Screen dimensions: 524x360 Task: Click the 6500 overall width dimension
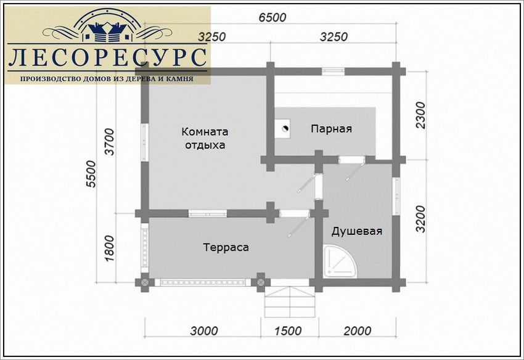tap(272, 17)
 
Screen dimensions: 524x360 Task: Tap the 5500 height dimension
tap(91, 174)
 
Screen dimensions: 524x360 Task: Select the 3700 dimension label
tap(110, 142)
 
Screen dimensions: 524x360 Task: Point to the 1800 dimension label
tap(109, 248)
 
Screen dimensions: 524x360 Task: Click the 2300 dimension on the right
tap(422, 115)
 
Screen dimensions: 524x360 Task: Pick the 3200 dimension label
tap(421, 219)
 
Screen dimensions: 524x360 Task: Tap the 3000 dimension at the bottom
tap(204, 331)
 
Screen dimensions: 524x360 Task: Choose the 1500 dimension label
tap(288, 331)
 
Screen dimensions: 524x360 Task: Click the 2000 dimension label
tap(357, 331)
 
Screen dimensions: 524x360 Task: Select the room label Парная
tap(331, 129)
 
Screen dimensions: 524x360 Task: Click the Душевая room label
tap(356, 231)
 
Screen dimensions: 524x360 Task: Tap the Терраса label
tap(226, 247)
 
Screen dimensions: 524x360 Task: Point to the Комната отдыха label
tap(205, 138)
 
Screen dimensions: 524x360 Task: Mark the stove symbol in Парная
tap(284, 129)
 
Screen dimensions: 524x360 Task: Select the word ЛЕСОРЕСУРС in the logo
tap(107, 57)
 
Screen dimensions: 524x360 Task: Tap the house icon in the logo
tap(107, 31)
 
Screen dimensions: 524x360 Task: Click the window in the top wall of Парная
tap(334, 71)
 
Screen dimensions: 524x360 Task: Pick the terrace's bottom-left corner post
tap(144, 282)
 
